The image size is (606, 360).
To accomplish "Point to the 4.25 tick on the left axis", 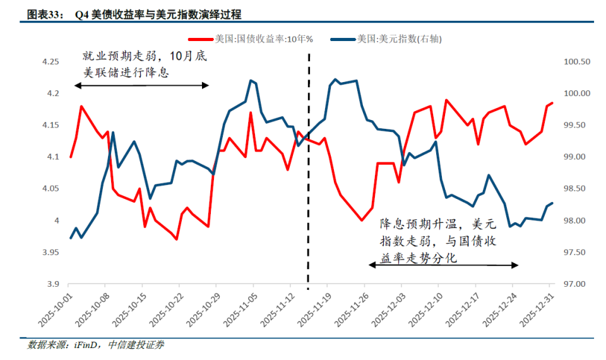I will point(50,62).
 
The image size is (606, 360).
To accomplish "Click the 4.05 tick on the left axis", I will point(50,189).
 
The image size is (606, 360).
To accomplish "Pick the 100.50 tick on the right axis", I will point(576,62).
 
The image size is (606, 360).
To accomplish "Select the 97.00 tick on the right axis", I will point(576,284).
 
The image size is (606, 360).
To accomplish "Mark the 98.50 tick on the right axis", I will point(576,189).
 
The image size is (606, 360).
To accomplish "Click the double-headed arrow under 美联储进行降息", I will point(141,85).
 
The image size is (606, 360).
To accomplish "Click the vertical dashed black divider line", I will point(308,189).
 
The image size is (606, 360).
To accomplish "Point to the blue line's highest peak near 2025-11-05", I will point(251,80).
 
